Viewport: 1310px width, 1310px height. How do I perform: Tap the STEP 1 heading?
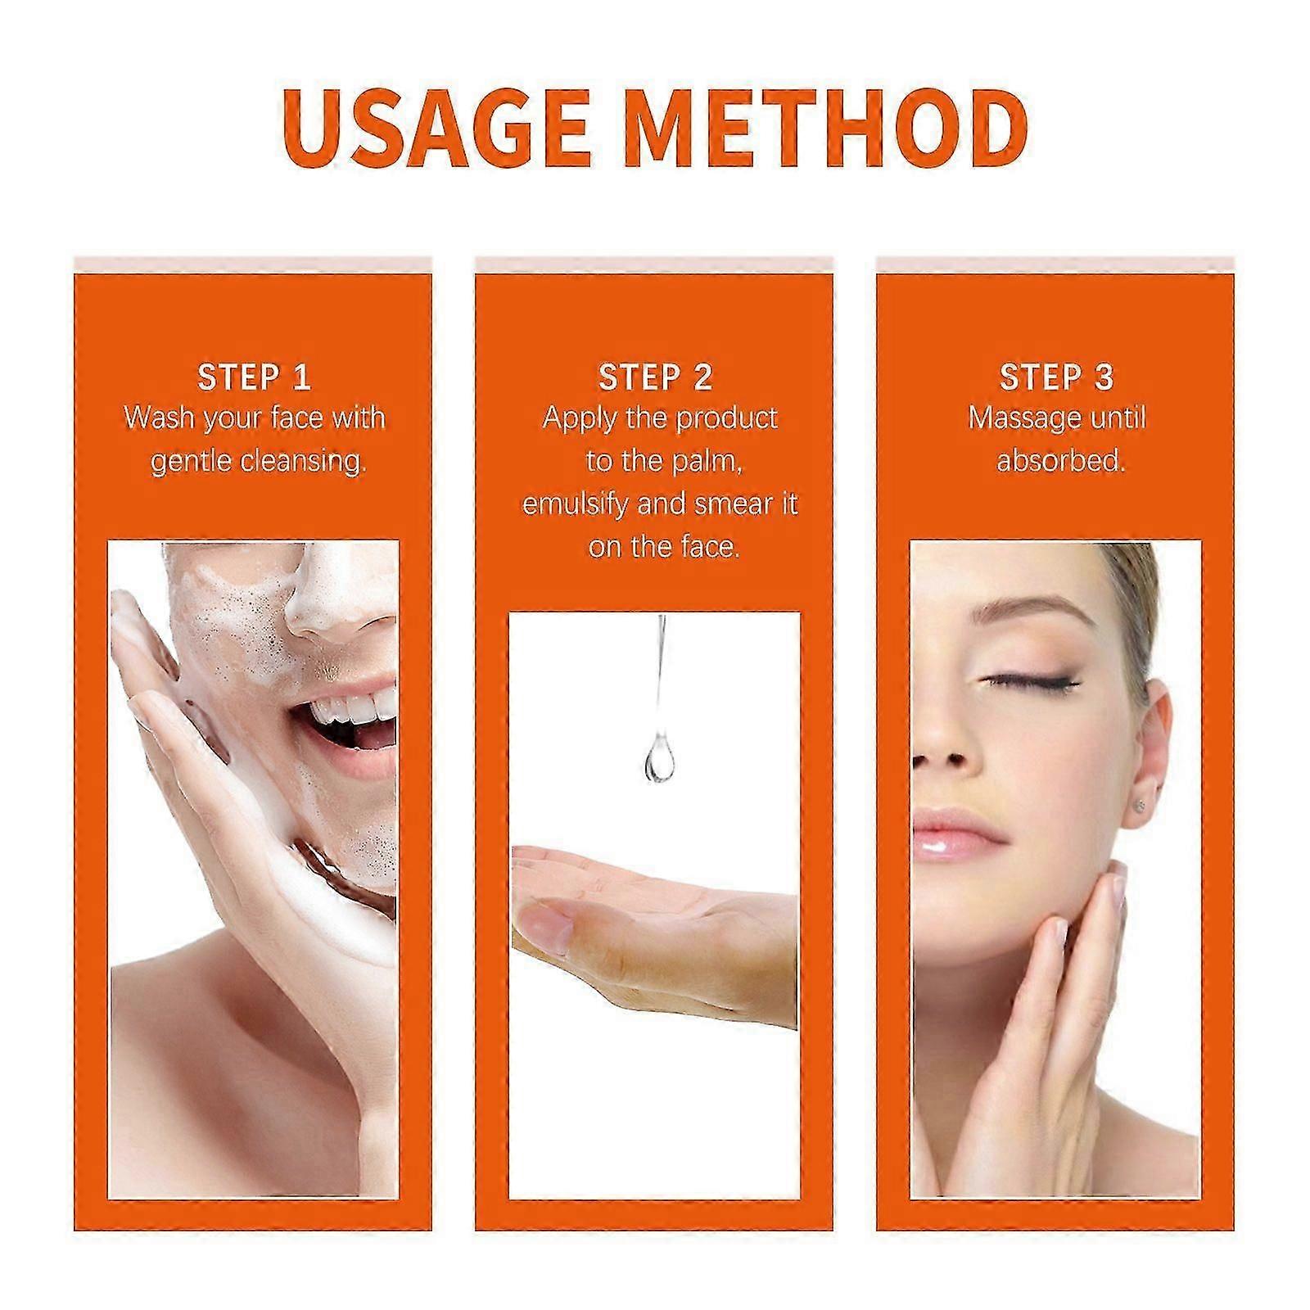coord(254,377)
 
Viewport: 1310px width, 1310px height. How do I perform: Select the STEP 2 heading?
coord(655,377)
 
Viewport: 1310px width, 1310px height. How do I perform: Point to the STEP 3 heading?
coord(1056,377)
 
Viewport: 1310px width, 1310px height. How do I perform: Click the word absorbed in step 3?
coord(1060,461)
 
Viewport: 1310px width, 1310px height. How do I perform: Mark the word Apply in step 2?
coord(578,419)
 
